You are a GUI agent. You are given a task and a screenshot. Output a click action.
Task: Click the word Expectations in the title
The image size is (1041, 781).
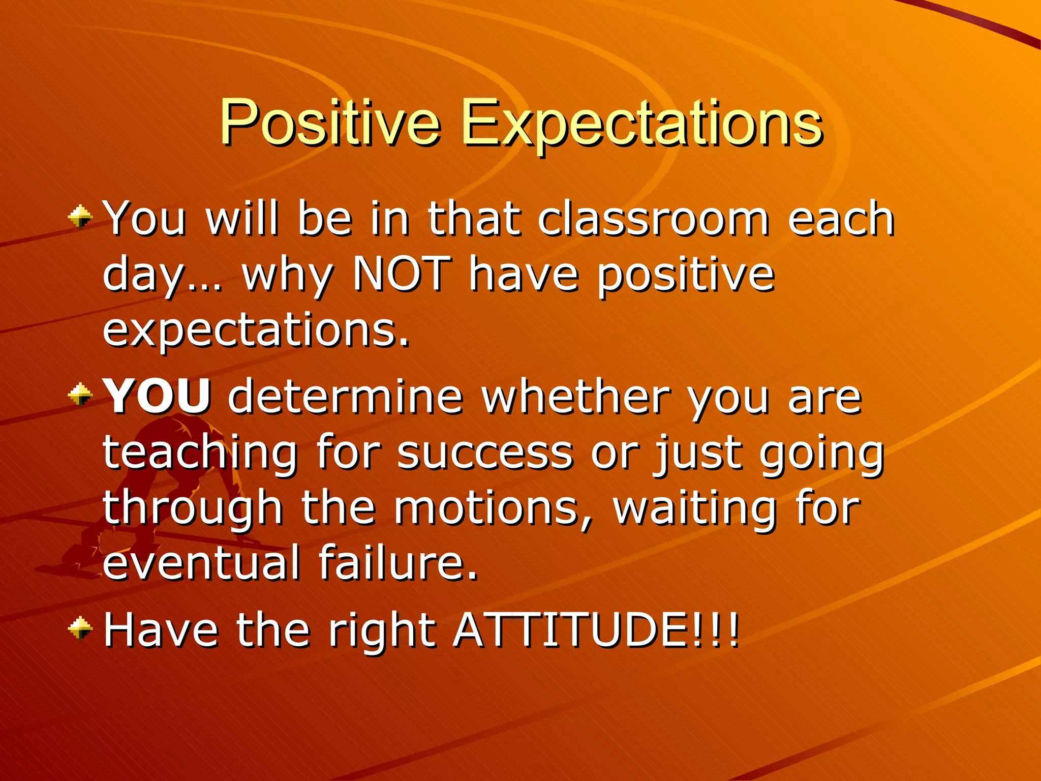click(641, 124)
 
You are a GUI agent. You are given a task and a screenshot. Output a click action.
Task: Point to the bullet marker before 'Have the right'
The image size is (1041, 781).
click(80, 629)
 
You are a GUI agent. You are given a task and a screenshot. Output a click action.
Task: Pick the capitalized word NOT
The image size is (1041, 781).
click(402, 274)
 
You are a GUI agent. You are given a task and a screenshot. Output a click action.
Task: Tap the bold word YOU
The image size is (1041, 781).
click(158, 397)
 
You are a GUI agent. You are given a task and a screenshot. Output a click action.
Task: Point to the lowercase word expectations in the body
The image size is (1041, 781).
click(256, 331)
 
